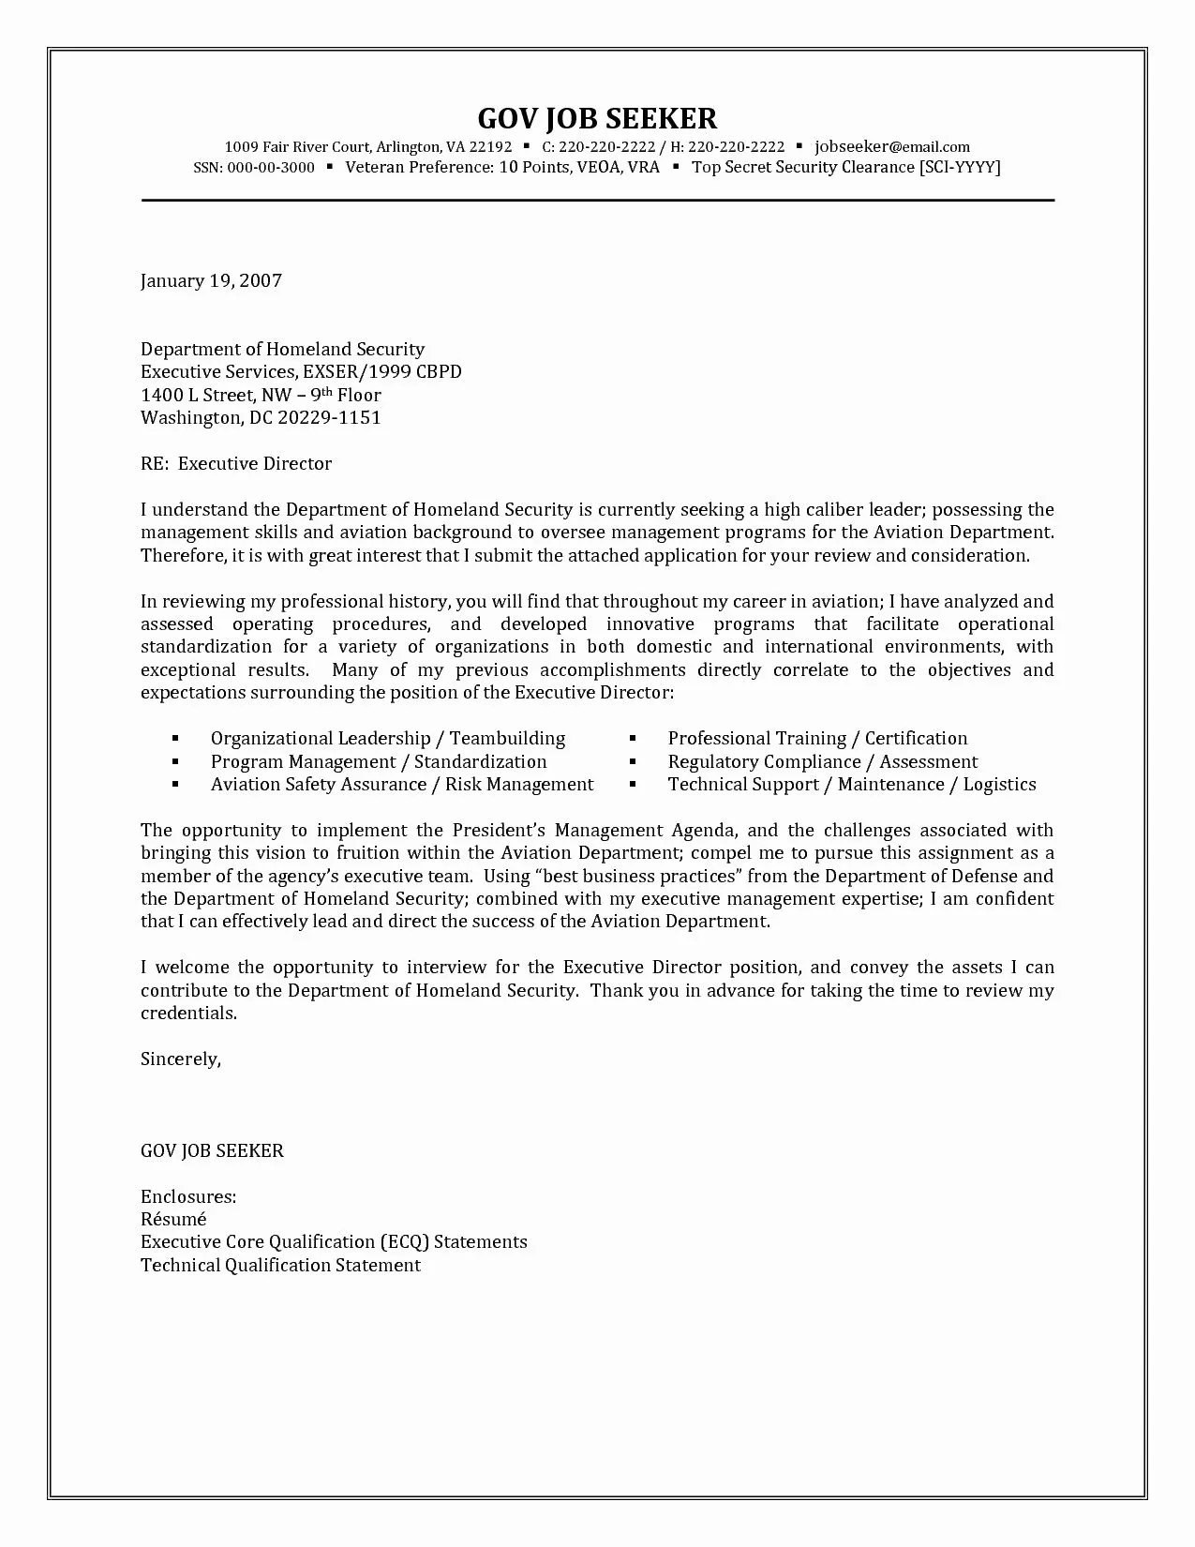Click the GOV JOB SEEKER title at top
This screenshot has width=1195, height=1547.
pyautogui.click(x=597, y=118)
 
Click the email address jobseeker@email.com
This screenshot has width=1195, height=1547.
pyautogui.click(x=892, y=146)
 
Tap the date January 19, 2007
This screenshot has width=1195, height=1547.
pyautogui.click(x=211, y=280)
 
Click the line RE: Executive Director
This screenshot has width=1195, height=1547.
pyautogui.click(x=236, y=464)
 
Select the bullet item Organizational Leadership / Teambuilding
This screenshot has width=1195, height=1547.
pyautogui.click(x=388, y=739)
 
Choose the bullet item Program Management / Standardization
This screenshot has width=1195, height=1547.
pyautogui.click(x=379, y=762)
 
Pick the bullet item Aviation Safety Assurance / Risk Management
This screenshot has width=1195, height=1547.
pyautogui.click(x=402, y=785)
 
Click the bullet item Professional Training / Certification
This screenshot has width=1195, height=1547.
pyautogui.click(x=817, y=739)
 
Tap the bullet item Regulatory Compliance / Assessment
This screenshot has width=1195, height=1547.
pyautogui.click(x=822, y=762)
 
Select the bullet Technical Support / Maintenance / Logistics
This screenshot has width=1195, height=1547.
pyautogui.click(x=852, y=785)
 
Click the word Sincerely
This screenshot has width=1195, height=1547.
pyautogui.click(x=180, y=1059)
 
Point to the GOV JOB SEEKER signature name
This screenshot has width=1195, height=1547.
pyautogui.click(x=212, y=1151)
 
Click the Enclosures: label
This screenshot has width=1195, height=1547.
pyautogui.click(x=188, y=1197)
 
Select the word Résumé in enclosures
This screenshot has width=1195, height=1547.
pyautogui.click(x=173, y=1220)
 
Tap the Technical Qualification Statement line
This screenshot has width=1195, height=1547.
pyautogui.click(x=280, y=1266)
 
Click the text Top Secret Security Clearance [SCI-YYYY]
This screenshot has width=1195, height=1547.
pyautogui.click(x=845, y=168)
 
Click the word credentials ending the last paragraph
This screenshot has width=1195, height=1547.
pyautogui.click(x=187, y=1014)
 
